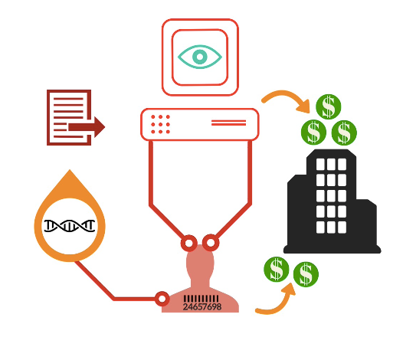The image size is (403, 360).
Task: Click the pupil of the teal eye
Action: (x=200, y=57)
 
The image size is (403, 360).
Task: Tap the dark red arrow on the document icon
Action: (x=87, y=127)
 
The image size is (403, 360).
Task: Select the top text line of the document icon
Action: (x=68, y=99)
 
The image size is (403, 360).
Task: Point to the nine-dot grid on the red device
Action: (x=160, y=124)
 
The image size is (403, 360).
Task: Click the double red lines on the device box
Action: (x=228, y=123)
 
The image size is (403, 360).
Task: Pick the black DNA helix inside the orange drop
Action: (x=70, y=226)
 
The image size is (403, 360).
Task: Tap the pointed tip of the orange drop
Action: (x=70, y=169)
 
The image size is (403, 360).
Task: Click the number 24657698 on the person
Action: (x=202, y=306)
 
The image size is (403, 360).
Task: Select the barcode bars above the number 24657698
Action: (x=202, y=299)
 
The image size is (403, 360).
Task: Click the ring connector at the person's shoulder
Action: (x=162, y=299)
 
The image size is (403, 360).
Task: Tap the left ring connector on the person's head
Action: (x=189, y=243)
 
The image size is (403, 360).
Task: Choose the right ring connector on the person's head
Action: (x=211, y=243)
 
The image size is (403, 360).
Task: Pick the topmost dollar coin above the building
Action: (x=328, y=106)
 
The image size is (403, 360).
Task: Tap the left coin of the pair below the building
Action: (x=277, y=270)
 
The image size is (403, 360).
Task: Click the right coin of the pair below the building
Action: (x=306, y=274)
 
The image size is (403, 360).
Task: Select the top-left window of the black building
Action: (x=320, y=164)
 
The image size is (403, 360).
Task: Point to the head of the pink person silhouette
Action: (x=200, y=261)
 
